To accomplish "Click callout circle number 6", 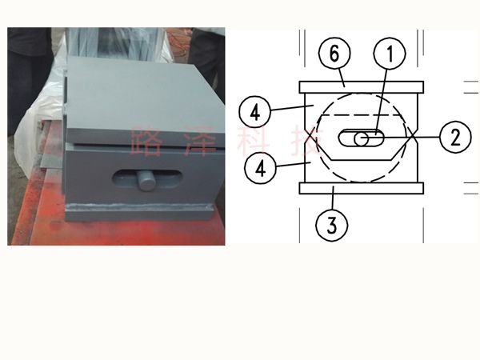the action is pyautogui.click(x=334, y=53).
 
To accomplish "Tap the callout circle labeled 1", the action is pyautogui.click(x=390, y=54).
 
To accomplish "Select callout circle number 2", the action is pyautogui.click(x=455, y=137).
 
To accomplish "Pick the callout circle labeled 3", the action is pyautogui.click(x=332, y=225).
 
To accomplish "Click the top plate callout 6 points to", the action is pyautogui.click(x=362, y=87).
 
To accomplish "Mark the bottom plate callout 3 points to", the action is pyautogui.click(x=362, y=188).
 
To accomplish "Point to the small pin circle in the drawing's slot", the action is pyautogui.click(x=362, y=139).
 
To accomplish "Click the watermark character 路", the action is pyautogui.click(x=146, y=141).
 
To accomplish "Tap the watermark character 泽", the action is pyautogui.click(x=201, y=141).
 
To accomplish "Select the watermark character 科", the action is pyautogui.click(x=254, y=141).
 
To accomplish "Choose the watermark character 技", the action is pyautogui.click(x=307, y=141).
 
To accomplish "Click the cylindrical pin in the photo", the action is pyautogui.click(x=146, y=180).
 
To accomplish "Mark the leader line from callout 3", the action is pyautogui.click(x=333, y=198).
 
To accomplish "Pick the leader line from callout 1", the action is pyautogui.click(x=382, y=102).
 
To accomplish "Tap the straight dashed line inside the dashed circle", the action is pyautogui.click(x=362, y=115).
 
